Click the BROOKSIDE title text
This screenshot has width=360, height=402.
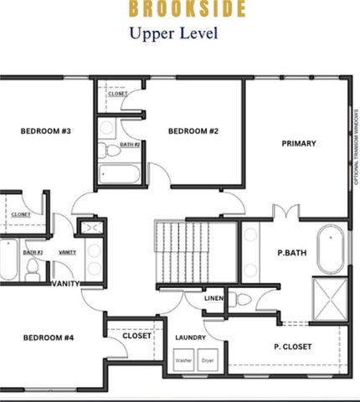tap(187, 10)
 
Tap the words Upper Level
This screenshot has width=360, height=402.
tap(172, 34)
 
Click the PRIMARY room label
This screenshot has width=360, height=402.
tap(298, 143)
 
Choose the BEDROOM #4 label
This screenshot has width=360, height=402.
tap(49, 338)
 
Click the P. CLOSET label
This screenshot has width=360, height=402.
tap(293, 346)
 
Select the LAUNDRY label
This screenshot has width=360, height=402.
tap(191, 338)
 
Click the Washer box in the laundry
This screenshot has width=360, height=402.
tap(183, 362)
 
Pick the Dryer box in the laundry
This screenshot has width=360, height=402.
tap(207, 362)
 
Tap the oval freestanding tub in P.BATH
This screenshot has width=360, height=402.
tap(329, 249)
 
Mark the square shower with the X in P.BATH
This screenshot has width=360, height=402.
tap(329, 297)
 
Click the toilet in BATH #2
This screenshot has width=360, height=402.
tap(105, 152)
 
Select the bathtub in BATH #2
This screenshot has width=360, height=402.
tap(119, 175)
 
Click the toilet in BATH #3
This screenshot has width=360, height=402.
tap(33, 270)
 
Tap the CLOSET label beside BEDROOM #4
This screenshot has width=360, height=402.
tap(136, 336)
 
